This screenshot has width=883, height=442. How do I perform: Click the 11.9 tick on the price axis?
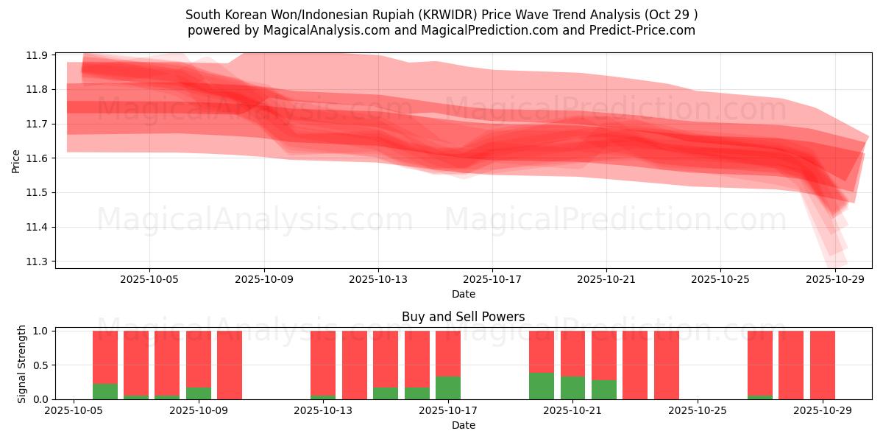pyautogui.click(x=38, y=55)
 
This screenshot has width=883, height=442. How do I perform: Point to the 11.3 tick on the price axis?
pyautogui.click(x=38, y=262)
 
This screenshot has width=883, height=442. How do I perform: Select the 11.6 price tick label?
pyautogui.click(x=38, y=158)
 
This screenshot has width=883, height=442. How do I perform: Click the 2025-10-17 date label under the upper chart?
pyautogui.click(x=492, y=279)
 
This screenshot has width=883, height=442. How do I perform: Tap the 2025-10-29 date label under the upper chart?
pyautogui.click(x=835, y=279)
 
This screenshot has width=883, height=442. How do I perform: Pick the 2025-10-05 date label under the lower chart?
pyautogui.click(x=74, y=411)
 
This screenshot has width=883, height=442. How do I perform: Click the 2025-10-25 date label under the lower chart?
pyautogui.click(x=697, y=411)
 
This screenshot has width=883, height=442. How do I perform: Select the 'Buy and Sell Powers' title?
pyautogui.click(x=463, y=318)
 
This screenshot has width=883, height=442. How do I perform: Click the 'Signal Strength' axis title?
pyautogui.click(x=22, y=364)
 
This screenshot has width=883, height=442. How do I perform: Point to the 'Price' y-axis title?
pyautogui.click(x=16, y=161)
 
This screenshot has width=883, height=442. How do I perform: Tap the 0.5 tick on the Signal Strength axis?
pyautogui.click(x=40, y=365)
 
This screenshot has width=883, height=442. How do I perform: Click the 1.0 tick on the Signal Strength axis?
pyautogui.click(x=40, y=331)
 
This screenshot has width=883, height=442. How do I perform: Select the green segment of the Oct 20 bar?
pyautogui.click(x=542, y=386)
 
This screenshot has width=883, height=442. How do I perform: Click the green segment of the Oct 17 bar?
pyautogui.click(x=448, y=388)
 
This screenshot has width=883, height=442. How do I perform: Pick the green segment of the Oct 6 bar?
pyautogui.click(x=105, y=392)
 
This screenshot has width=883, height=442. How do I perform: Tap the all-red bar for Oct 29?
pyautogui.click(x=823, y=365)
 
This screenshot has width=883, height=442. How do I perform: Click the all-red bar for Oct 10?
pyautogui.click(x=230, y=365)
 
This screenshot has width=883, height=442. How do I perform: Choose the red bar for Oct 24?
pyautogui.click(x=667, y=365)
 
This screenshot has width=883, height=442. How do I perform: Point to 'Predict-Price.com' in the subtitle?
pyautogui.click(x=642, y=30)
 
